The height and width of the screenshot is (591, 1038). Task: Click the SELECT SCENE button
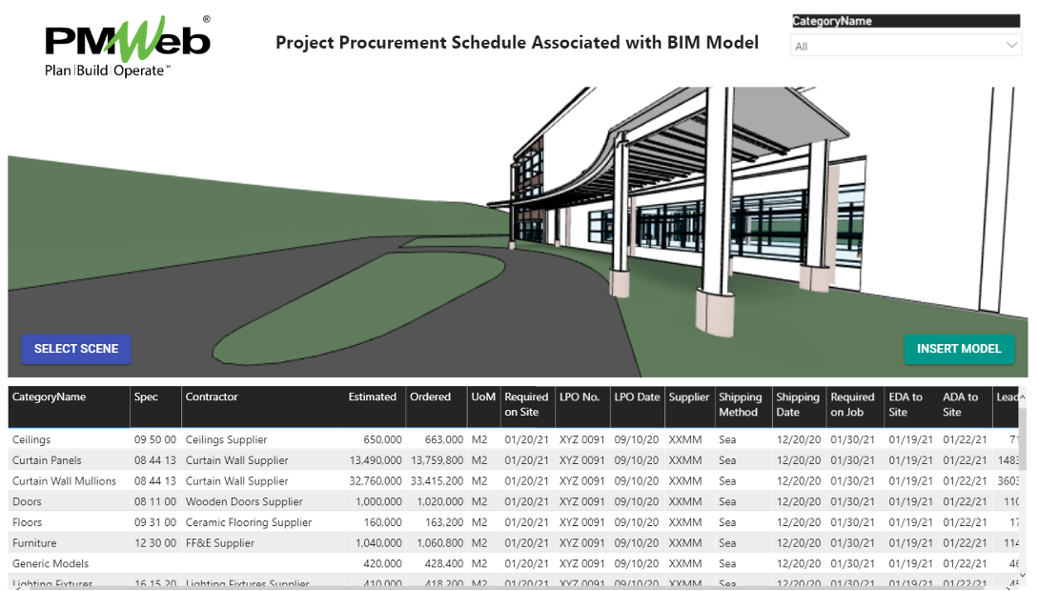pyautogui.click(x=76, y=349)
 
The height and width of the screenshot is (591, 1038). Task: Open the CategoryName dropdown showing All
pyautogui.click(x=906, y=46)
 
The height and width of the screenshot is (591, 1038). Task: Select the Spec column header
pyautogui.click(x=146, y=397)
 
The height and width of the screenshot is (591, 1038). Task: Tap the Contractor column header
pyautogui.click(x=212, y=397)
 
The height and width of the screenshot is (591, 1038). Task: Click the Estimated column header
pyautogui.click(x=373, y=397)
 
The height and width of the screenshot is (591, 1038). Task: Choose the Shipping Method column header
pyautogui.click(x=740, y=405)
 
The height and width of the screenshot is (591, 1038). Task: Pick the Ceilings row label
pyautogui.click(x=31, y=440)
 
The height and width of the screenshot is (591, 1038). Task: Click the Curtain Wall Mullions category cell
pyautogui.click(x=64, y=481)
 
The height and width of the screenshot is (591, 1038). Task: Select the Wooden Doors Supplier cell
pyautogui.click(x=244, y=502)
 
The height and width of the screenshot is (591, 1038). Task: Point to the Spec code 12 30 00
pyautogui.click(x=155, y=543)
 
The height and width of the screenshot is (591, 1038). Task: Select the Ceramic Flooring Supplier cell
pyautogui.click(x=249, y=522)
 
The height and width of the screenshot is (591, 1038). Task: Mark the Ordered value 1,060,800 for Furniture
pyautogui.click(x=434, y=543)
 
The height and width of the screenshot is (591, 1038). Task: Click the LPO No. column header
pyautogui.click(x=580, y=397)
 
